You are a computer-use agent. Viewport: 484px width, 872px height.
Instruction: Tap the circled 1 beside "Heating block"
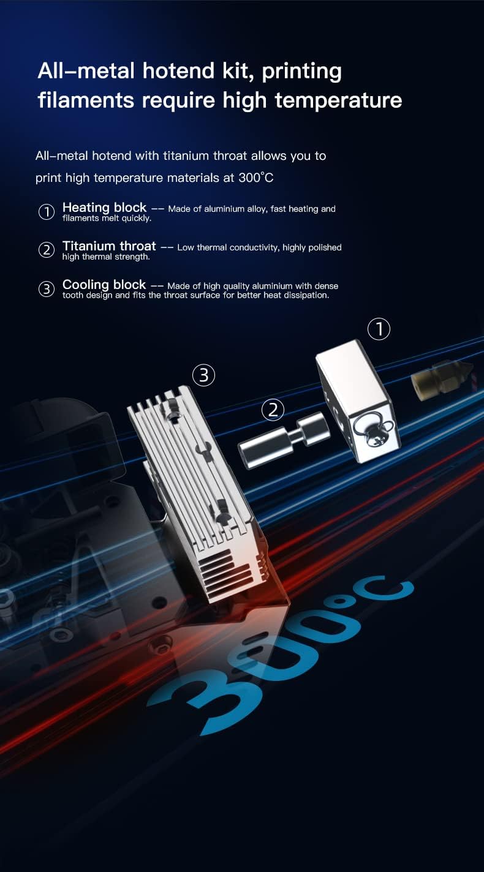click(47, 212)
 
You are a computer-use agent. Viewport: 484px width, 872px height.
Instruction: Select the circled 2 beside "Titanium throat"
click(47, 250)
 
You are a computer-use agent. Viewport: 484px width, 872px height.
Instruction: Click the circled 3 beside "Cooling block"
click(47, 288)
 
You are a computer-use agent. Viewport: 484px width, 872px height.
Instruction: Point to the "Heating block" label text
click(104, 208)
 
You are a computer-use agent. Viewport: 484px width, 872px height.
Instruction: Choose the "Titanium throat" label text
click(109, 246)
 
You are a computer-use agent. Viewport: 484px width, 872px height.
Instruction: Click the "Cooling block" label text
click(104, 285)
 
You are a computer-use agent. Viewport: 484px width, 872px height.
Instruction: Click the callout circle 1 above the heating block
click(379, 329)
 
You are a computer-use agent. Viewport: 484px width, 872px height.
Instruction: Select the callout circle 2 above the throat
click(273, 410)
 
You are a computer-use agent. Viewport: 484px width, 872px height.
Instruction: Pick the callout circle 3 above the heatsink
click(203, 375)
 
